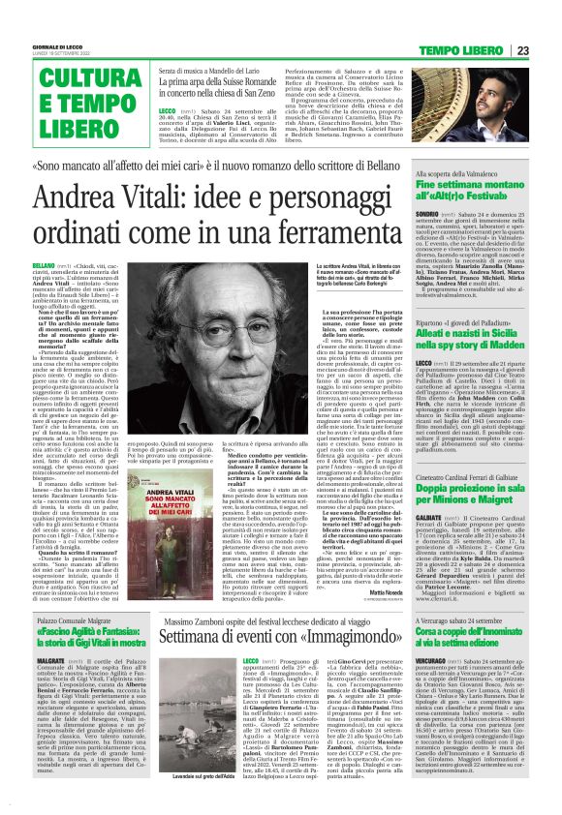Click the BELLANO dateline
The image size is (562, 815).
(x=44, y=265)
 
